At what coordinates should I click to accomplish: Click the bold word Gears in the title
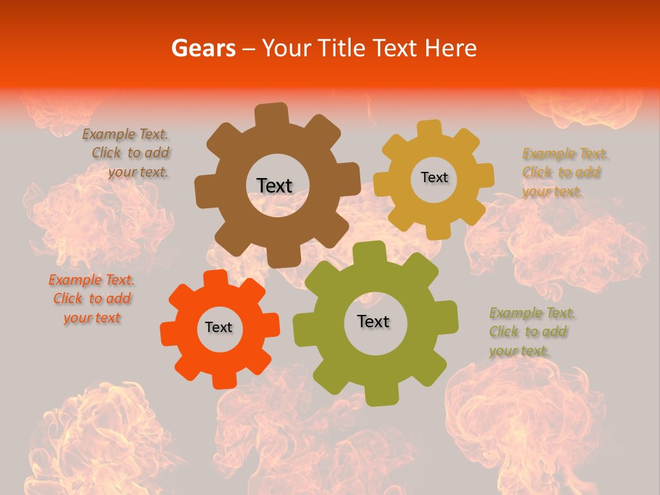coord(203,48)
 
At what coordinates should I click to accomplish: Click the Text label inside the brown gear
coord(274,186)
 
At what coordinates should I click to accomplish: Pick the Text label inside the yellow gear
coord(434,177)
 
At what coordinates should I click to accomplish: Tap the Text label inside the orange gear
coord(219,327)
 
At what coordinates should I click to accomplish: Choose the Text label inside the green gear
coord(373,321)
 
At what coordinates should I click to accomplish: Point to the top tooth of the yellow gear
coord(429,129)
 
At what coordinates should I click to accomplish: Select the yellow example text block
coord(562,173)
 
